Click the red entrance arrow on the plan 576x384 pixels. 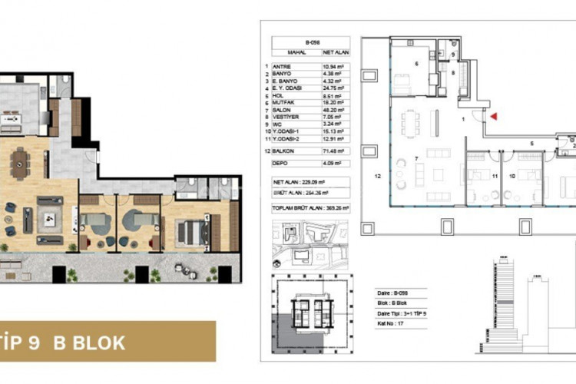coord(495,116)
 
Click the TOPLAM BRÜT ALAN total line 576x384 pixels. coord(305,207)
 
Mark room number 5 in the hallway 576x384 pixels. coord(531,143)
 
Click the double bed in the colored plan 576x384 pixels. coord(189,230)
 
